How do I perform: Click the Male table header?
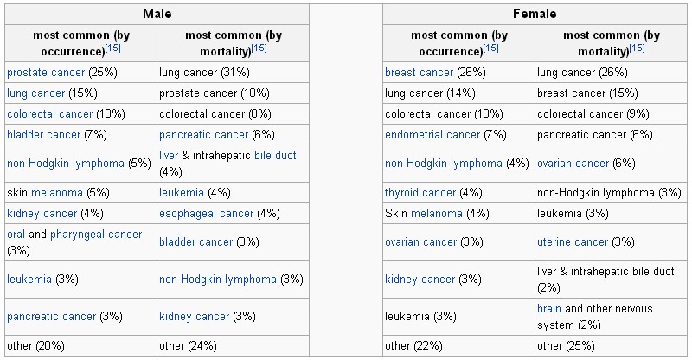[156, 14]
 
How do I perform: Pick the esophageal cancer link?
[206, 213]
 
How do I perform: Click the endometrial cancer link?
[432, 135]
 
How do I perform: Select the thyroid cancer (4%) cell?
[433, 192]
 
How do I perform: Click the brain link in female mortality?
[549, 309]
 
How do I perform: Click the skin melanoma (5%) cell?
[58, 192]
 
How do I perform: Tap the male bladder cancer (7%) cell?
[55, 135]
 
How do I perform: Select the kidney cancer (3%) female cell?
[433, 279]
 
